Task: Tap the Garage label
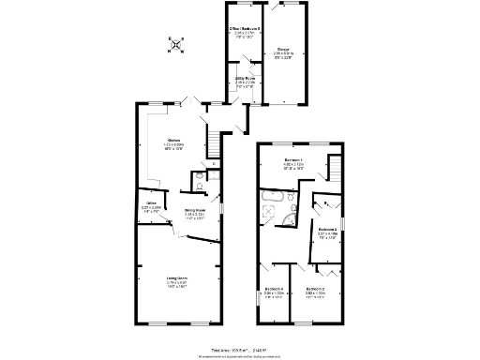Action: click(x=282, y=51)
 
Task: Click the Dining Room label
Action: click(x=194, y=210)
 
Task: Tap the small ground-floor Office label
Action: click(x=150, y=202)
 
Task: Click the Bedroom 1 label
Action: click(x=295, y=160)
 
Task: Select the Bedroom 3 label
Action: click(x=326, y=229)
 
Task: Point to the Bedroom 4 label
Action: click(x=274, y=288)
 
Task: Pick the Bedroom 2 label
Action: click(x=315, y=288)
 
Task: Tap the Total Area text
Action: click(x=240, y=347)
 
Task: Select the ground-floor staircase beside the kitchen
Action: click(x=214, y=143)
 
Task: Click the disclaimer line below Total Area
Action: click(x=240, y=354)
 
